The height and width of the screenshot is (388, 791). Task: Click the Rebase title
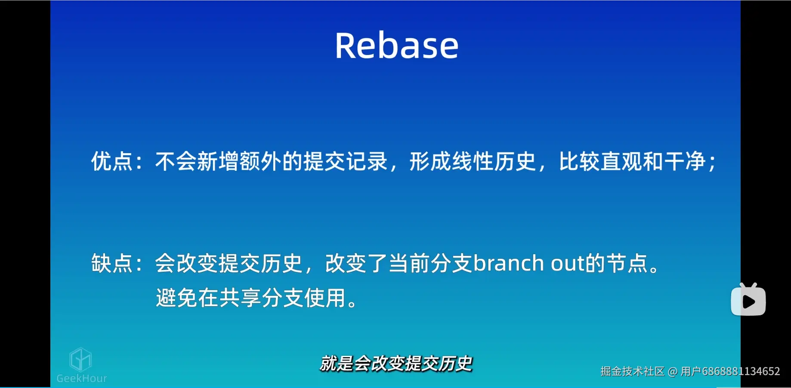click(x=396, y=46)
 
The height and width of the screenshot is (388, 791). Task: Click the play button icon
click(x=748, y=301)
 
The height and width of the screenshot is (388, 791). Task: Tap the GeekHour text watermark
click(x=82, y=379)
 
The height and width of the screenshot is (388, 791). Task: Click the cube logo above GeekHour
click(x=80, y=360)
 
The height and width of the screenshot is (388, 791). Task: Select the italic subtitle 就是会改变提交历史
click(x=396, y=364)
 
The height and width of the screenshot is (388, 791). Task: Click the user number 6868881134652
click(x=741, y=371)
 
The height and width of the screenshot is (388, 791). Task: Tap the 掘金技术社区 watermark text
click(x=632, y=371)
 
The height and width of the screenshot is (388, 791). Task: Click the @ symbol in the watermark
click(x=672, y=371)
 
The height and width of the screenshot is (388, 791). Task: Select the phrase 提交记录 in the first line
click(x=346, y=162)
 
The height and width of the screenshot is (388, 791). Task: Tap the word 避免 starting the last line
click(x=176, y=298)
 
